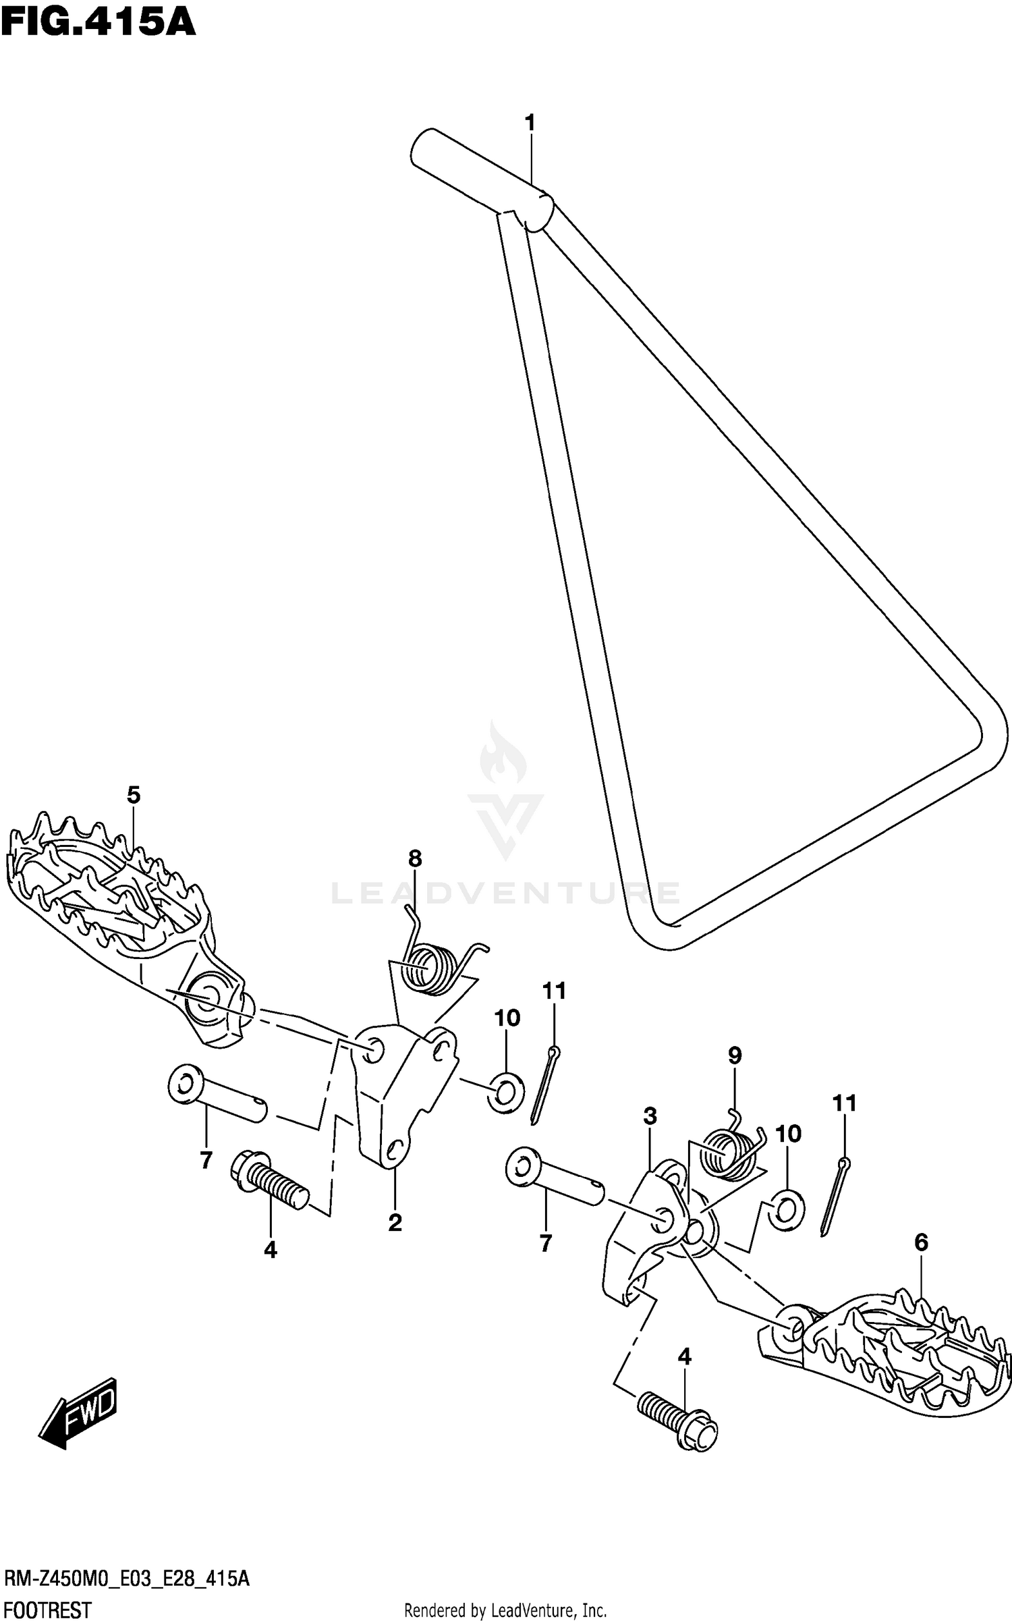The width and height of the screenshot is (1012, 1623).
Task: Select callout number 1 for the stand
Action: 530,123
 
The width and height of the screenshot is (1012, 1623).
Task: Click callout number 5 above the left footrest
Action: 134,795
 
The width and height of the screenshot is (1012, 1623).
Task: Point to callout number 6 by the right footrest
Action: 921,1242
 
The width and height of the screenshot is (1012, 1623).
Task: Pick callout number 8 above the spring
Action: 415,858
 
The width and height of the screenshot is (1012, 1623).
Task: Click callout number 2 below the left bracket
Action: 395,1222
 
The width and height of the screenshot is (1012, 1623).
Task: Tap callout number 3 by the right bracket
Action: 650,1116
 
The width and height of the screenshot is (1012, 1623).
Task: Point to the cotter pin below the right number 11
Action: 833,1197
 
